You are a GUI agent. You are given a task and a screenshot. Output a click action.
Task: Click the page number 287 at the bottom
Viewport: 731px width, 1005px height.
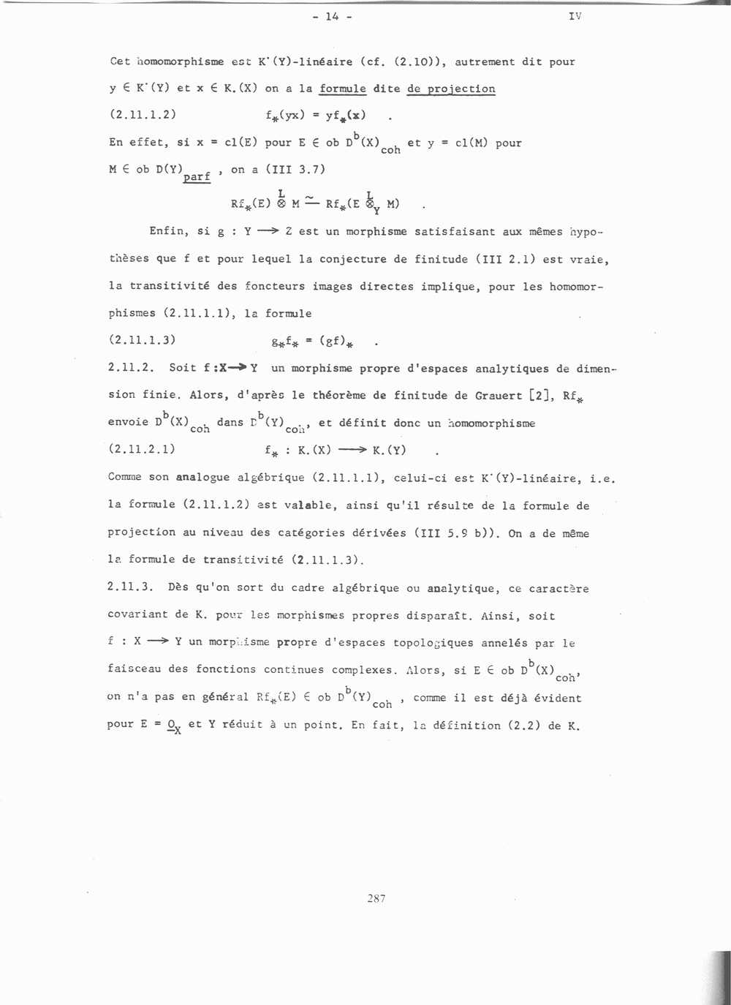[x=376, y=898]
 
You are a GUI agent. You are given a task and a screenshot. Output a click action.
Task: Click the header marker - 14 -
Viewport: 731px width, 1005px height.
[x=332, y=17]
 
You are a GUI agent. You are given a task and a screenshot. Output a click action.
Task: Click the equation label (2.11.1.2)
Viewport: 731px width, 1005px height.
[x=143, y=114]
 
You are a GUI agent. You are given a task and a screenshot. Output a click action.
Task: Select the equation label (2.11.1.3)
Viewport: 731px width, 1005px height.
[x=142, y=339]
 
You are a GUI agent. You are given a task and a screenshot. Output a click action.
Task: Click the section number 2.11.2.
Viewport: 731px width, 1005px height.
[x=130, y=367]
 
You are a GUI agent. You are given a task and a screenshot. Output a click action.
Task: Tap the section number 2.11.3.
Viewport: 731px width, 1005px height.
[x=129, y=587]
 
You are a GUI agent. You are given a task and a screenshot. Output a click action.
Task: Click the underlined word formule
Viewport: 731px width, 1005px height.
[x=342, y=89]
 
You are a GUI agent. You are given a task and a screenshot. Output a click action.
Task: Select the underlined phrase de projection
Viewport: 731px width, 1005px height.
[x=451, y=89]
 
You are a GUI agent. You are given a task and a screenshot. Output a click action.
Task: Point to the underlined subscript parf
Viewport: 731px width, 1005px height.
[x=197, y=176]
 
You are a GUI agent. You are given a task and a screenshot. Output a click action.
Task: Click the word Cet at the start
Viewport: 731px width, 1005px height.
[x=120, y=61]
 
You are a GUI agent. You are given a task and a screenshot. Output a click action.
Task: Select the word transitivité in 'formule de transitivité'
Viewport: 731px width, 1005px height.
[x=243, y=560]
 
